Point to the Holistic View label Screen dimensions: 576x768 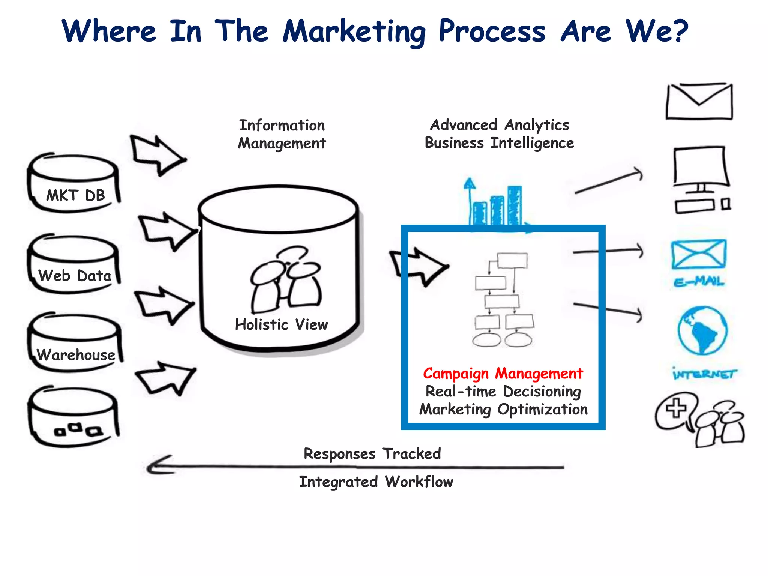click(281, 325)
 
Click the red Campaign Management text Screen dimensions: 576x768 click(503, 373)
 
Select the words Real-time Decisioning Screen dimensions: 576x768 click(503, 391)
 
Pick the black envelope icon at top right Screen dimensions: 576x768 click(699, 101)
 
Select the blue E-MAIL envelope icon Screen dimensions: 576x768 click(699, 255)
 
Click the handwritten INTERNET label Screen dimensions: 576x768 click(704, 374)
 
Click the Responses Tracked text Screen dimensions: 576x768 click(372, 454)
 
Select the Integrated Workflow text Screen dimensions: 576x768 click(376, 482)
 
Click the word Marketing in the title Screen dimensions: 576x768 click(354, 31)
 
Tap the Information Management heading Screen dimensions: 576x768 click(282, 134)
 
